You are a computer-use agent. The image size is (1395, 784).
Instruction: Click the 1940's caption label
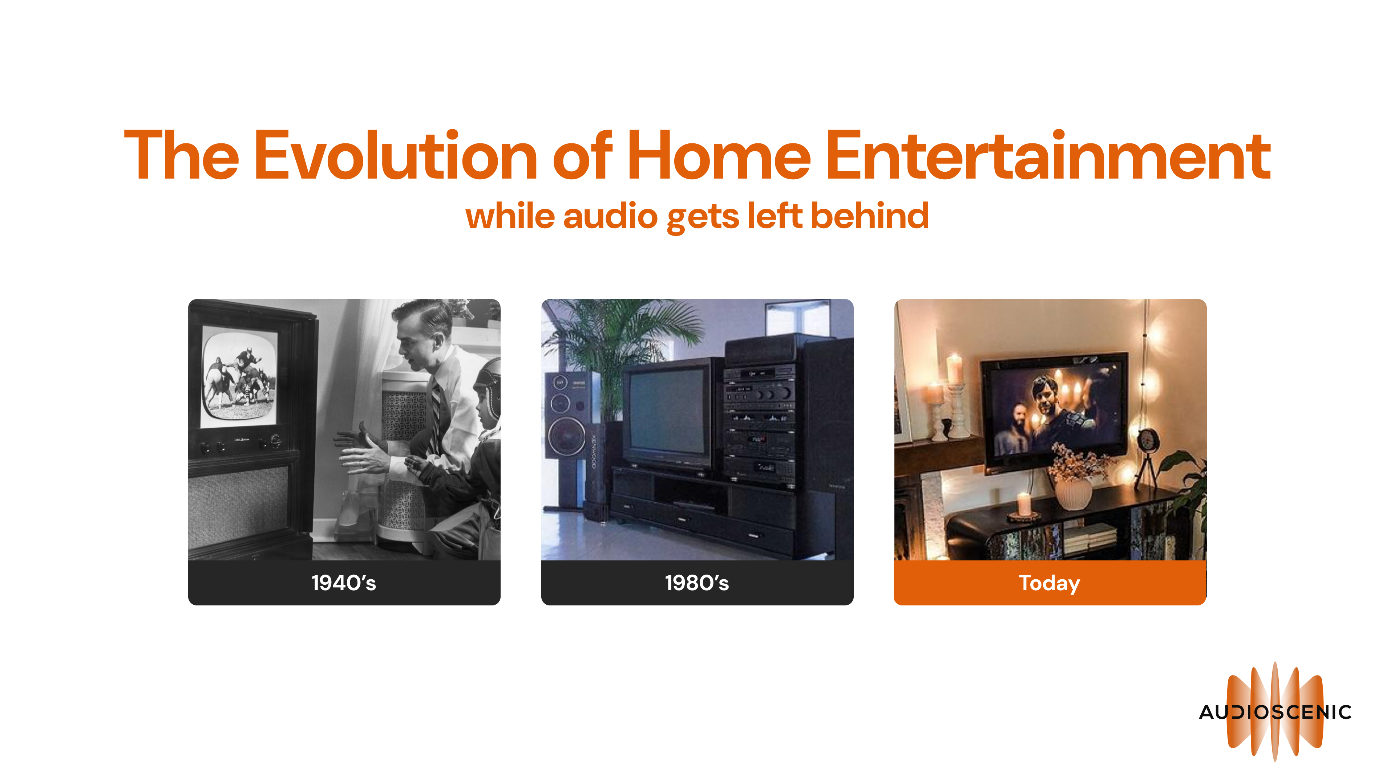(344, 583)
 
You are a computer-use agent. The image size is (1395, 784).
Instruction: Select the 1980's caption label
(697, 583)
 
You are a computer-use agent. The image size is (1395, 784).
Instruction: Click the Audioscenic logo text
(1275, 712)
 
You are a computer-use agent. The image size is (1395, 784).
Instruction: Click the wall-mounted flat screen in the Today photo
(1053, 411)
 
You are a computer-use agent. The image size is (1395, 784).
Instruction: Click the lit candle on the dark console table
(1023, 504)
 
